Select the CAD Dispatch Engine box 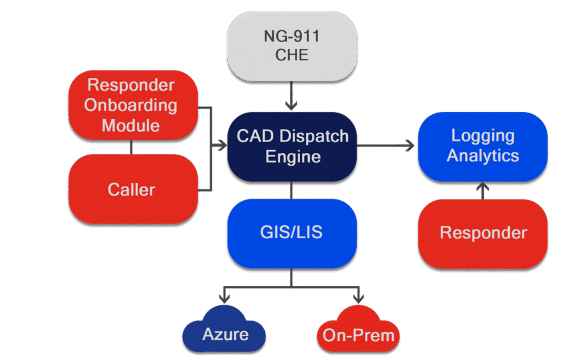click(x=292, y=146)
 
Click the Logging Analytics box click(x=483, y=146)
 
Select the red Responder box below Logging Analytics click(x=483, y=233)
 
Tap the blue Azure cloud click(x=225, y=332)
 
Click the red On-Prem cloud click(x=358, y=332)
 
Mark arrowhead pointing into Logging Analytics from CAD click(x=410, y=146)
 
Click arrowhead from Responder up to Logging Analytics click(x=483, y=185)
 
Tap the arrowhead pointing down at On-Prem click(x=359, y=298)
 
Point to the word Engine click(x=293, y=156)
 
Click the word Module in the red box click(x=131, y=125)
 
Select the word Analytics click(x=483, y=155)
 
